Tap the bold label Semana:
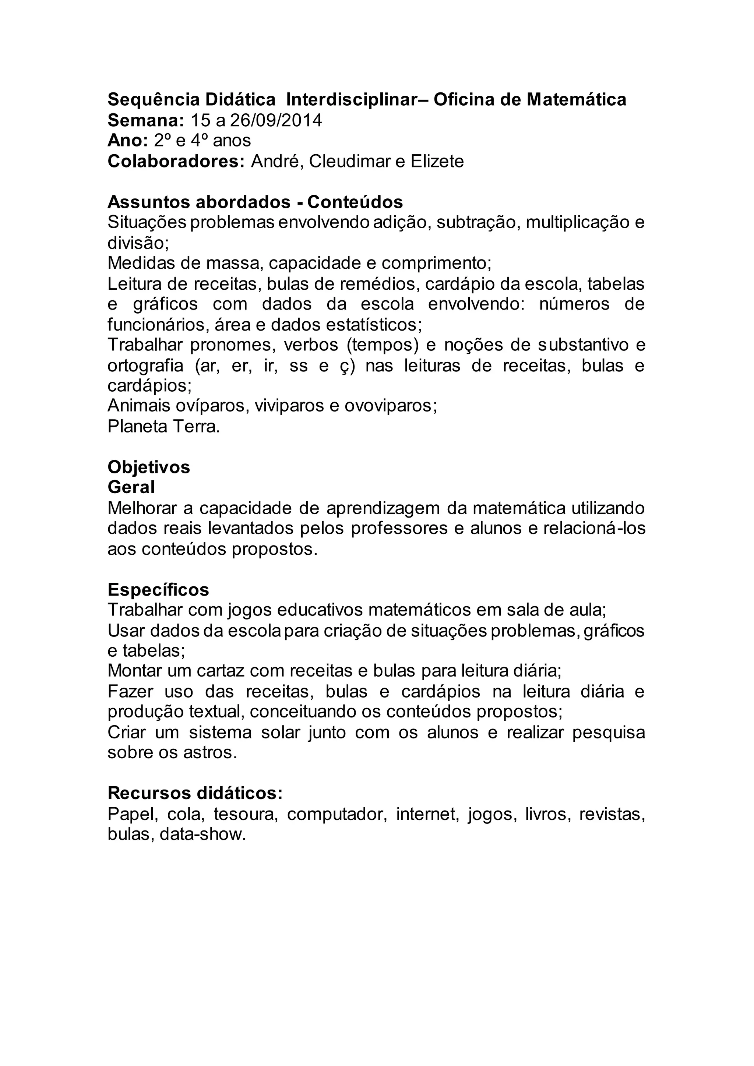click(x=146, y=121)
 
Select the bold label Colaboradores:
click(x=176, y=162)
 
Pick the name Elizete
click(x=437, y=162)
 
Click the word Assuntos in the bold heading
click(x=148, y=202)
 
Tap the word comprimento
click(x=436, y=263)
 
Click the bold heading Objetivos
click(x=149, y=467)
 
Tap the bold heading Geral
click(x=131, y=487)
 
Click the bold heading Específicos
click(x=158, y=590)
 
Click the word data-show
click(x=202, y=834)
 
